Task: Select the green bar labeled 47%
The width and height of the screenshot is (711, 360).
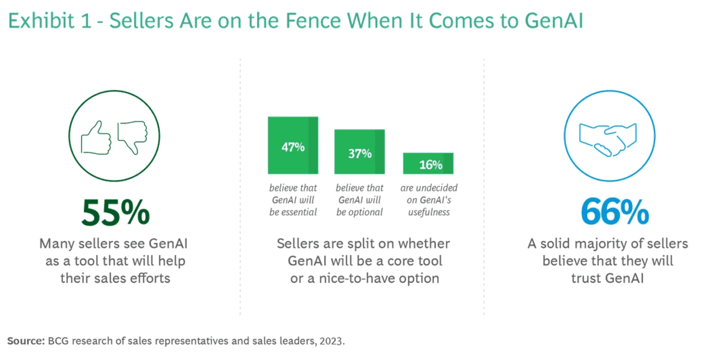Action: [x=293, y=145]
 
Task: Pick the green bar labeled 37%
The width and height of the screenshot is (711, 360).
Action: [x=359, y=151]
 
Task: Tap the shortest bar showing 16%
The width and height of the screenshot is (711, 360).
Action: [x=428, y=163]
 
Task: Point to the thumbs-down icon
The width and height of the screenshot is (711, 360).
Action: [x=133, y=136]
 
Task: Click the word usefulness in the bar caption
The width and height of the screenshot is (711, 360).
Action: [x=428, y=212]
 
